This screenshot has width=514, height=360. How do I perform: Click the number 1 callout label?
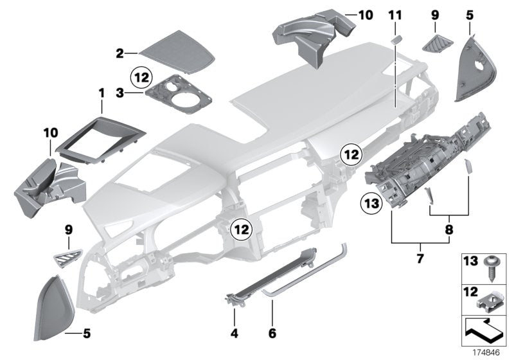(101, 94)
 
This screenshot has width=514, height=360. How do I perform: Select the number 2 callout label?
(120, 54)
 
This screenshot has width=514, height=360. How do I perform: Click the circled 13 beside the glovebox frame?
(374, 203)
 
